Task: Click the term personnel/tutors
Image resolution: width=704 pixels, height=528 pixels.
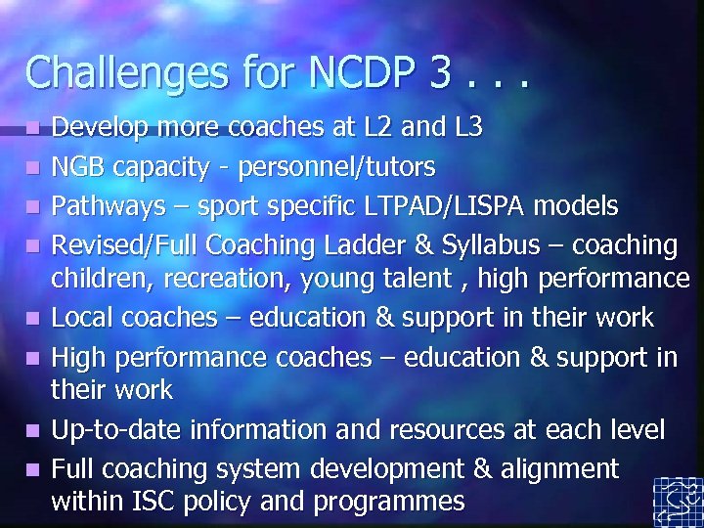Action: point(338,168)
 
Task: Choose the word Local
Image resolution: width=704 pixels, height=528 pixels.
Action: point(82,317)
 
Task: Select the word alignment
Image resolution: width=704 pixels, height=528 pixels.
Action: point(559,468)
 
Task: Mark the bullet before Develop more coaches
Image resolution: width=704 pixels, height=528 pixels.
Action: point(33,128)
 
